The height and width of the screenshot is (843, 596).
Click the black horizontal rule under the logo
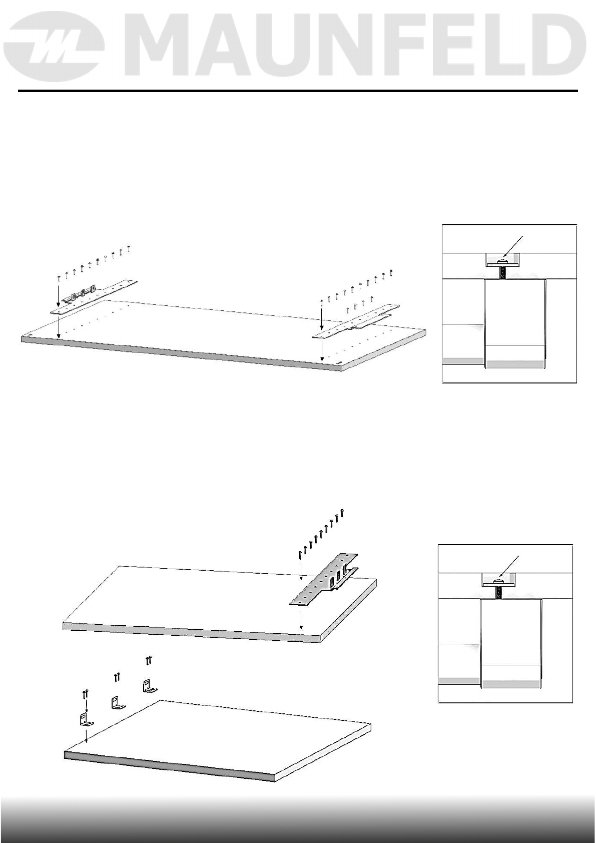(x=298, y=91)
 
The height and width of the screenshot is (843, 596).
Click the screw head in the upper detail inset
(x=502, y=260)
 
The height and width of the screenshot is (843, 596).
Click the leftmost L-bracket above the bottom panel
(x=85, y=720)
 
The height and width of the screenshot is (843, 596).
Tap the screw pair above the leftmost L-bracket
(x=85, y=694)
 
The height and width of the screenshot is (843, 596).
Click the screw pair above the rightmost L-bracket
(x=149, y=660)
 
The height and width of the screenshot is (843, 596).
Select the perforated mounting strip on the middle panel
(x=326, y=578)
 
